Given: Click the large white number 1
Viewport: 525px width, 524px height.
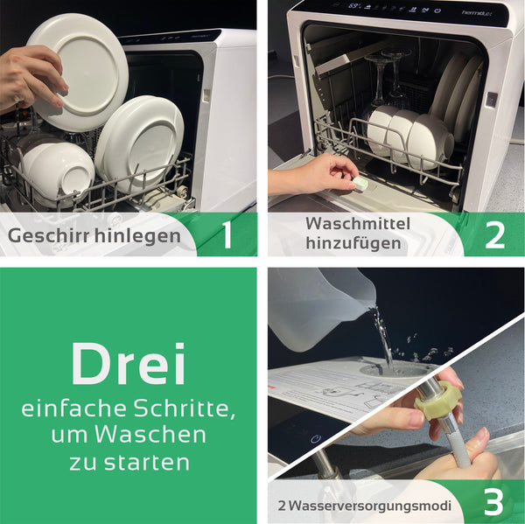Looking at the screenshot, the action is [x=227, y=235].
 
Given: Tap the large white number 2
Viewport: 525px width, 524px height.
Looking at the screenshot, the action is [x=494, y=235].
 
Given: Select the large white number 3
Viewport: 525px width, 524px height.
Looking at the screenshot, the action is [x=493, y=502].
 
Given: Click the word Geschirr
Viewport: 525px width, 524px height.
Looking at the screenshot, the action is [x=49, y=235].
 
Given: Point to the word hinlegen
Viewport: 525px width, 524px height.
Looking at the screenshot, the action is [x=137, y=235].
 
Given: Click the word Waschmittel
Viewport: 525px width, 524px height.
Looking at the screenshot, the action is [x=358, y=224].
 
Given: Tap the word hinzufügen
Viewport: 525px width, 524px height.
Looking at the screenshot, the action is [x=353, y=243].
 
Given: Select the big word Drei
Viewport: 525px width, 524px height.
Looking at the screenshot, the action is [x=129, y=364].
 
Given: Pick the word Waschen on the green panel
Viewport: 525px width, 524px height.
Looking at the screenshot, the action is [x=150, y=435].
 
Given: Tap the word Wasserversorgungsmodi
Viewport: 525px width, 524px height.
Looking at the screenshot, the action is [x=369, y=506].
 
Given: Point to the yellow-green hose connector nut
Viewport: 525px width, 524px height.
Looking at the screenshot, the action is [x=438, y=400].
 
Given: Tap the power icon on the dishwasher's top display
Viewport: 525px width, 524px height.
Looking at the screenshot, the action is [x=437, y=11].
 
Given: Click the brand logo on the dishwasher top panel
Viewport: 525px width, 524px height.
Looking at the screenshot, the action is [x=479, y=13].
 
